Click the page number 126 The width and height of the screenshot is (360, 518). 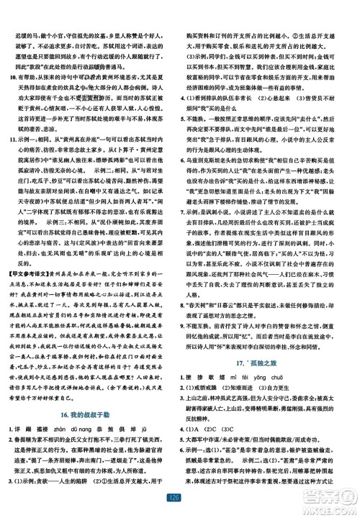click(x=180, y=496)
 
